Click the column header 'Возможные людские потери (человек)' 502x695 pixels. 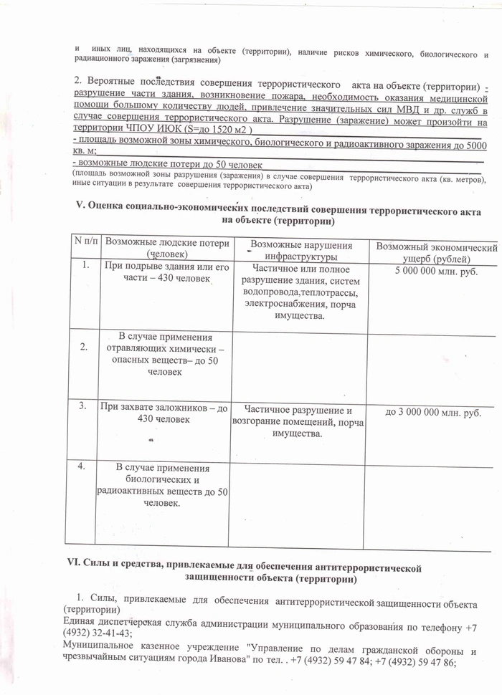point(167,248)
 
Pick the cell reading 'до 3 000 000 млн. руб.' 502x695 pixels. point(433,413)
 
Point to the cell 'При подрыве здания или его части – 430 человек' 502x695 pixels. point(167,272)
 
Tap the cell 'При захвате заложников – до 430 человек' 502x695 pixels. point(166,413)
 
